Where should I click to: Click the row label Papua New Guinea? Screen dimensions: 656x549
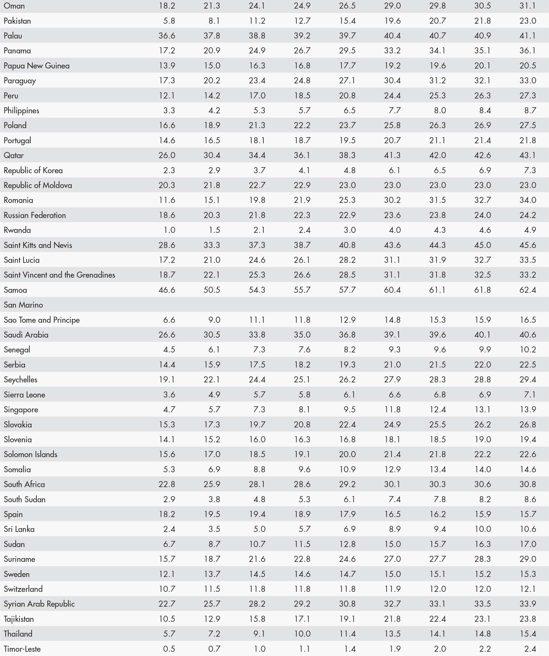(x=36, y=66)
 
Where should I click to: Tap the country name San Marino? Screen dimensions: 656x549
(x=23, y=305)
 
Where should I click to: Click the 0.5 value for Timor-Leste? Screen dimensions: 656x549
(x=169, y=649)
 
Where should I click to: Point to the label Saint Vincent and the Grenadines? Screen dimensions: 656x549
(x=59, y=275)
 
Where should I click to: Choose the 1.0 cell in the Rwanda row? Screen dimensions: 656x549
(x=169, y=230)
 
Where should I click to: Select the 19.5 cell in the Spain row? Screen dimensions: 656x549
(x=212, y=514)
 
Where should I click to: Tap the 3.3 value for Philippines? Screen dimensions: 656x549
(x=169, y=111)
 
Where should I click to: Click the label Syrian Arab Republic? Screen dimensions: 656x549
(x=39, y=604)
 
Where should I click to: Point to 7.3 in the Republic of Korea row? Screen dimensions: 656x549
(x=530, y=170)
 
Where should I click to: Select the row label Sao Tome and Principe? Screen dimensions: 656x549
(x=42, y=320)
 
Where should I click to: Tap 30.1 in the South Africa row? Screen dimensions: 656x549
(x=392, y=484)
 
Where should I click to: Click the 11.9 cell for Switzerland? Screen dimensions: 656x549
(x=392, y=589)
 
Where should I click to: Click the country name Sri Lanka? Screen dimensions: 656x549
(x=19, y=529)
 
